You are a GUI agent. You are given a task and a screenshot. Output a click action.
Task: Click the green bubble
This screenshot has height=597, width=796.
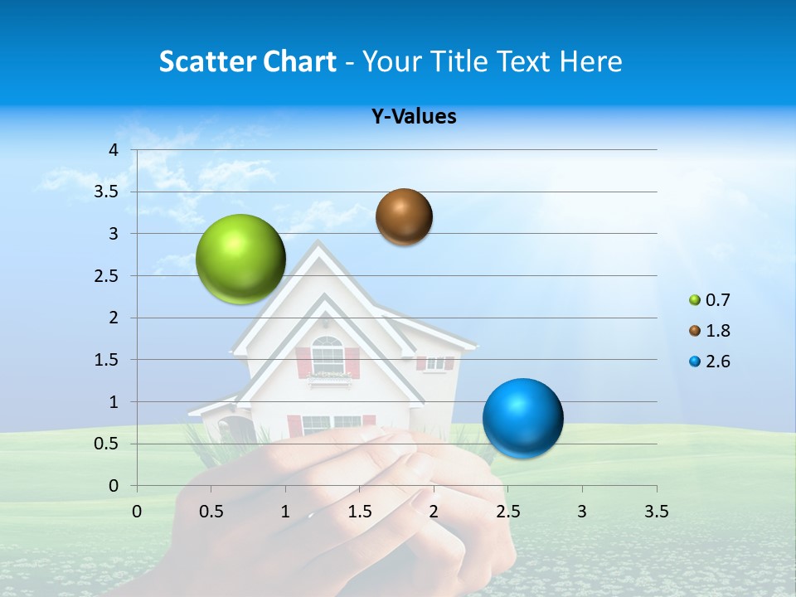(240, 259)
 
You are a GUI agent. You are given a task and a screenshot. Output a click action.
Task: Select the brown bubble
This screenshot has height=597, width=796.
(404, 216)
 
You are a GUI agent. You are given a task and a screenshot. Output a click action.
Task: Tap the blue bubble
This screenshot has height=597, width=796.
(522, 418)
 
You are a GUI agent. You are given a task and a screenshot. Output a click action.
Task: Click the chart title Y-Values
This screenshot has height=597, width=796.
(414, 117)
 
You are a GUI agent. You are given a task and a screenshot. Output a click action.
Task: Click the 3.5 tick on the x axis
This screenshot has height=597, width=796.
(657, 511)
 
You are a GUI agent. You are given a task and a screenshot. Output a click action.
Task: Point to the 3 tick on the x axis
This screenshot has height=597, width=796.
(582, 511)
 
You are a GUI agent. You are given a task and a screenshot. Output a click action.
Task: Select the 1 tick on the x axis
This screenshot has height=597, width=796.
(285, 511)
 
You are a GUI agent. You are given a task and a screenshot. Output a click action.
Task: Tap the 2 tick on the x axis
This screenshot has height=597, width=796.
(434, 511)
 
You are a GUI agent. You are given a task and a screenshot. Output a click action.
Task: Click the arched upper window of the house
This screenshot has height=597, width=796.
(328, 355)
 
